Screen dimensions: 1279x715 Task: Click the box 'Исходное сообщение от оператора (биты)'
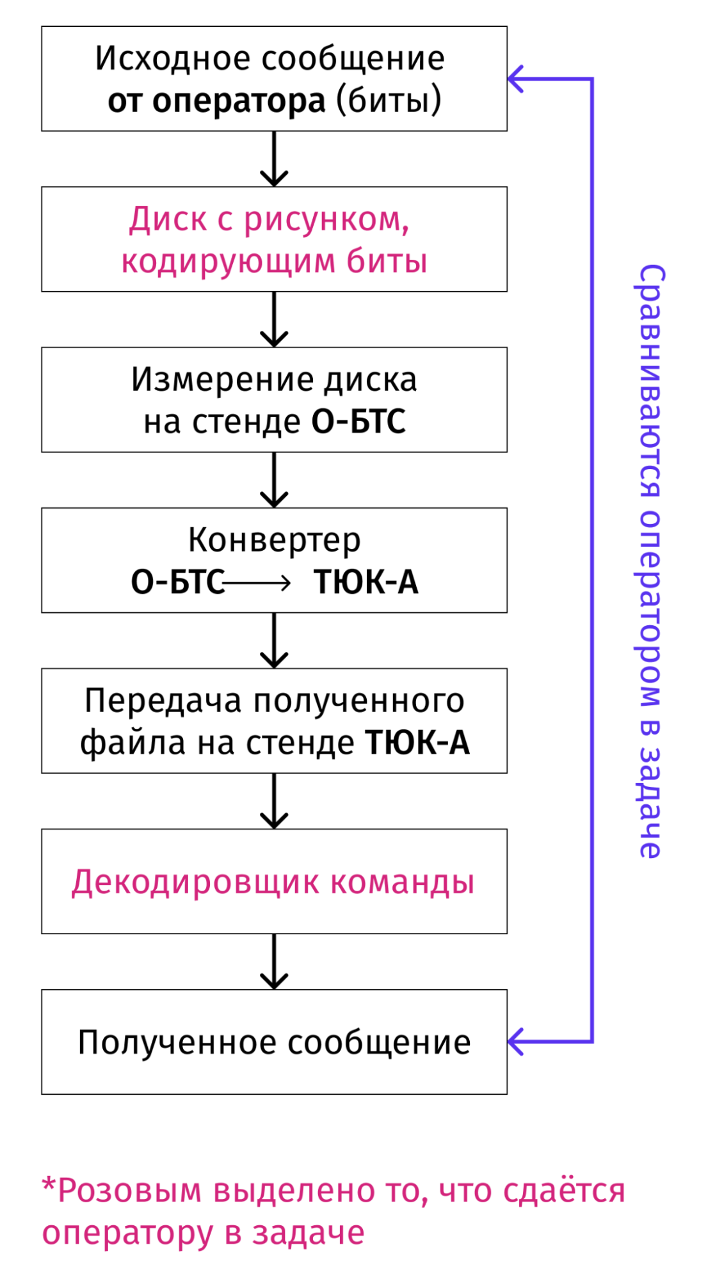(274, 79)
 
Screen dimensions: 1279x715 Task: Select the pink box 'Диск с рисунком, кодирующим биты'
(274, 239)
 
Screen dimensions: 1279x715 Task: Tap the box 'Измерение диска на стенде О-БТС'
(274, 400)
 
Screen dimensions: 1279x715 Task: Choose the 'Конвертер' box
(274, 541)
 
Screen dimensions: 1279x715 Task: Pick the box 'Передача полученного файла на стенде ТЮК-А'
(274, 721)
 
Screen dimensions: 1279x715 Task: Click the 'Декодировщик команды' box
(274, 882)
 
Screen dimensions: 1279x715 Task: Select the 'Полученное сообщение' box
(274, 1042)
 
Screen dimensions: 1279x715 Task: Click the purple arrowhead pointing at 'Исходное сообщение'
(516, 79)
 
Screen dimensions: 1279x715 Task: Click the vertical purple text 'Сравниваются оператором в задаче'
(650, 560)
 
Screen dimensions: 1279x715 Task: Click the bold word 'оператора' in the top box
(239, 101)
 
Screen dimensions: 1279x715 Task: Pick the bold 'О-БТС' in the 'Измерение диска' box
(358, 422)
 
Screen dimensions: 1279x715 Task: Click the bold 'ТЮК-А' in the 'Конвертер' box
(366, 583)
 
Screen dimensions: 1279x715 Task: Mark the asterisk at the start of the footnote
(49, 1184)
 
